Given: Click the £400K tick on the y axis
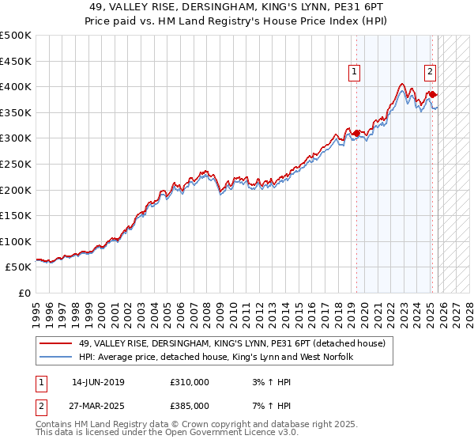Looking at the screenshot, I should [16, 86].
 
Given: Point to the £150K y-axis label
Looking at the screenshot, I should [16, 215].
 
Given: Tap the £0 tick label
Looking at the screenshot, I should [24, 293].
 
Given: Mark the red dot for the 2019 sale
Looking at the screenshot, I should [356, 133].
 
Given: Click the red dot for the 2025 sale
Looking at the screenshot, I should [432, 94].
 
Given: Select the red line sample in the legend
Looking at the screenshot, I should [55, 343].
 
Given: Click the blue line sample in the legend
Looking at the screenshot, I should [55, 358].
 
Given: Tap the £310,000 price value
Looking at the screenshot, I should [190, 382].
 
